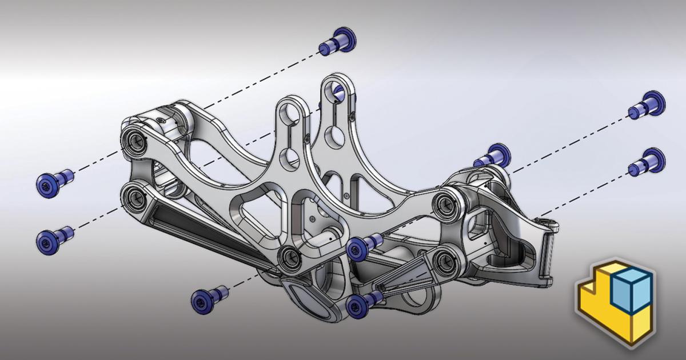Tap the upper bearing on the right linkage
[444, 202]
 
